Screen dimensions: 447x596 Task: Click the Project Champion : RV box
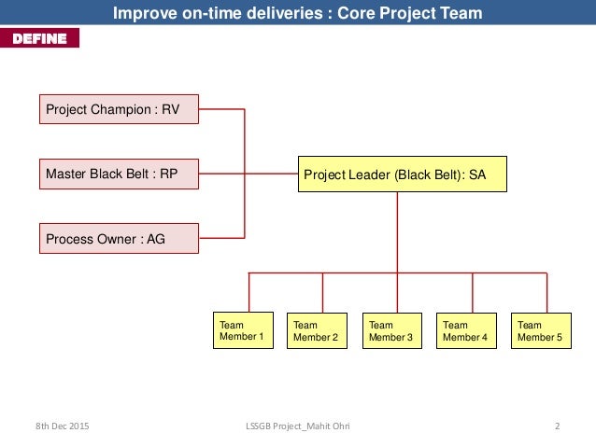[x=119, y=109]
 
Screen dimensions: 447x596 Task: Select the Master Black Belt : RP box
[x=119, y=174]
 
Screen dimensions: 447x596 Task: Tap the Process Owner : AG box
[x=119, y=239]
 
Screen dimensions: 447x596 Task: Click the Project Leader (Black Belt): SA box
[x=402, y=174]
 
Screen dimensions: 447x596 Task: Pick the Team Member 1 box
[x=243, y=329]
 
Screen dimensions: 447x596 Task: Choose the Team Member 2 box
[x=317, y=330]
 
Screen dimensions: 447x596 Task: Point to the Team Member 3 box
[x=391, y=330]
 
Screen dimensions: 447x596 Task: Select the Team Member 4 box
[x=466, y=330]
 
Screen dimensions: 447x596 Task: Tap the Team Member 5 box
[x=541, y=330]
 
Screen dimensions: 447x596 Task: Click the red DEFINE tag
[x=39, y=38]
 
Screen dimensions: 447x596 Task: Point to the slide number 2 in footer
[x=557, y=426]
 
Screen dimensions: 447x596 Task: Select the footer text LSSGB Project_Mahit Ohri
[x=298, y=426]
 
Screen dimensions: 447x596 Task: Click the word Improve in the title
[x=141, y=13]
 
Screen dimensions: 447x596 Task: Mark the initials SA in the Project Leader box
[x=477, y=174]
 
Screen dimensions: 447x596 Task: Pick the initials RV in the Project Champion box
[x=170, y=109]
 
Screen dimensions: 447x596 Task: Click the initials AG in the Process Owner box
[x=156, y=239]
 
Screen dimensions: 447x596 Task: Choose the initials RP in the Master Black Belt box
[x=168, y=174]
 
